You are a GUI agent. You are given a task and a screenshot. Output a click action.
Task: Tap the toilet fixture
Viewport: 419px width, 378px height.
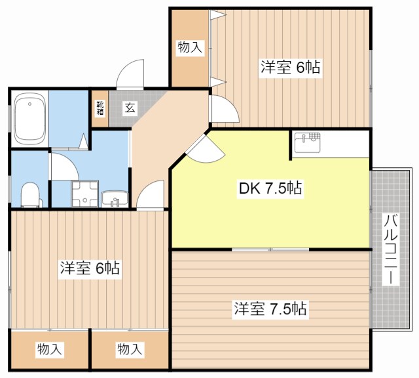click(x=29, y=194)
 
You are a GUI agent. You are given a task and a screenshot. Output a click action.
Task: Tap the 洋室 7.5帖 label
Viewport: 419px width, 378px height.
click(x=270, y=308)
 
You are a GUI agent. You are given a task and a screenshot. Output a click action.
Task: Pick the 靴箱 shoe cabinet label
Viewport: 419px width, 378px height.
click(x=100, y=108)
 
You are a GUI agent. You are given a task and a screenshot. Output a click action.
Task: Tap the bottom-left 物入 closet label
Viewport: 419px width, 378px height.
click(x=49, y=349)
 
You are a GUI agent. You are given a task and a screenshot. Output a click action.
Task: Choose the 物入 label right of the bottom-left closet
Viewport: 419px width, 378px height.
click(x=130, y=349)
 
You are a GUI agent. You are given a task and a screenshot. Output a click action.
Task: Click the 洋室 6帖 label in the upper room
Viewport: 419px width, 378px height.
click(x=290, y=68)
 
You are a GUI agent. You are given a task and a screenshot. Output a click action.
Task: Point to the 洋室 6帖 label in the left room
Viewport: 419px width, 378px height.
click(x=90, y=268)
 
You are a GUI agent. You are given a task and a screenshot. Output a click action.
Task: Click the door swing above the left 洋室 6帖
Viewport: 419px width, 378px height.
click(x=153, y=196)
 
